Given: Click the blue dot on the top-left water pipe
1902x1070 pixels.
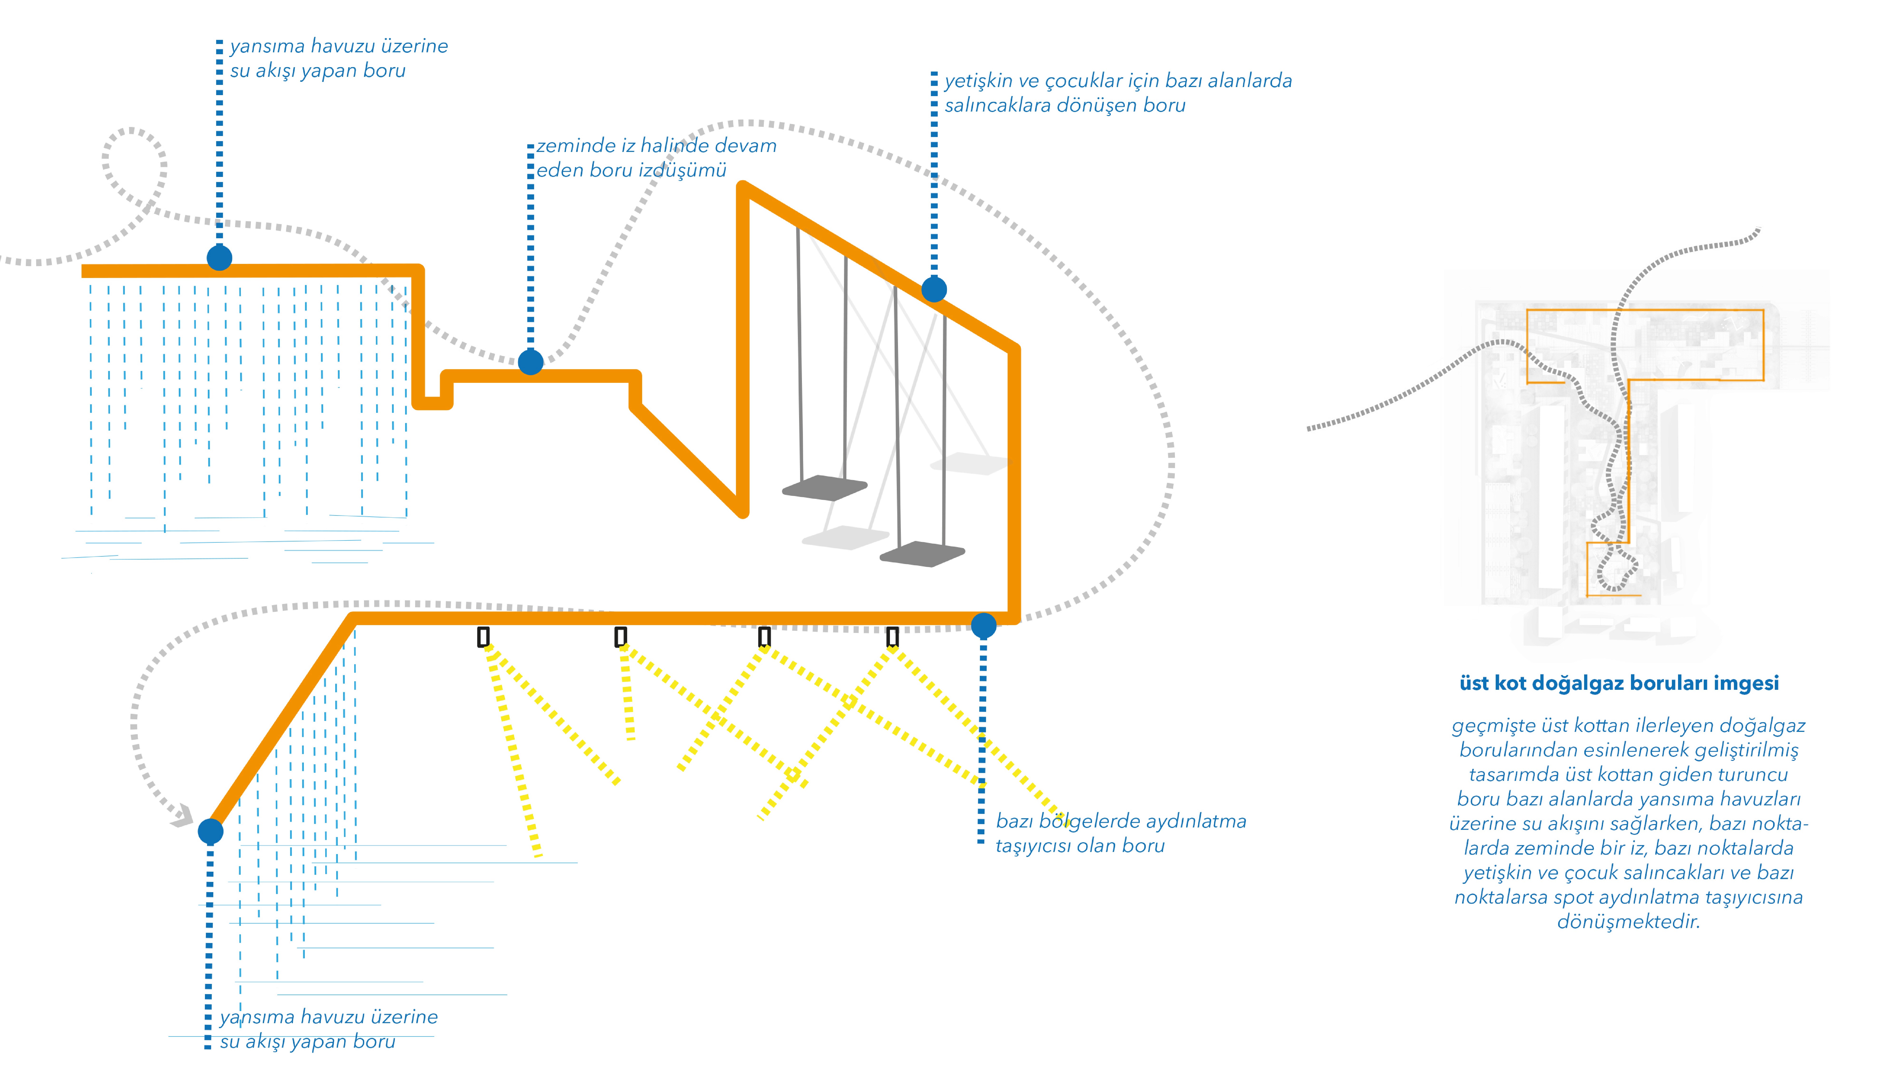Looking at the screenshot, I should (x=219, y=258).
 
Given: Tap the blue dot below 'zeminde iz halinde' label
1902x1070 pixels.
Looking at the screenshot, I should (x=530, y=362).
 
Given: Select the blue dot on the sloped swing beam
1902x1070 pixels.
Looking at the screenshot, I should (x=934, y=289).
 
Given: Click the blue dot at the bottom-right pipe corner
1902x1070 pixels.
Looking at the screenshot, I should (x=984, y=625).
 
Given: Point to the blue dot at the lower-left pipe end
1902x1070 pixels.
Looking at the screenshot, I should (x=210, y=831).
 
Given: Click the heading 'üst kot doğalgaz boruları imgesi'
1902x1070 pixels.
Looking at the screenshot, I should (x=1618, y=683).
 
